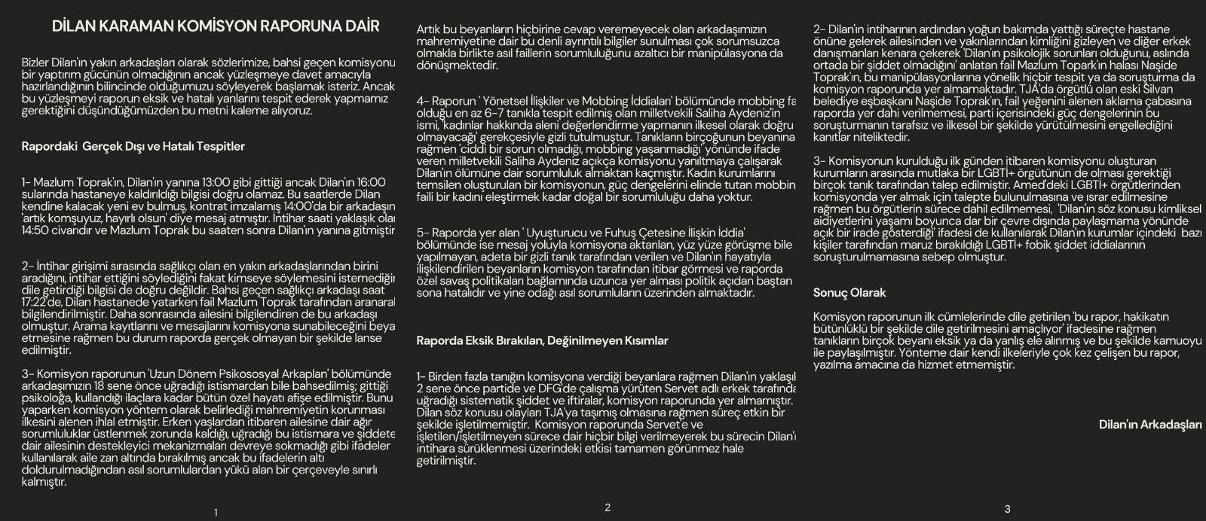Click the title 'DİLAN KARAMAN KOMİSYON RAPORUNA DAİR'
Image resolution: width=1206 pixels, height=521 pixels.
216,26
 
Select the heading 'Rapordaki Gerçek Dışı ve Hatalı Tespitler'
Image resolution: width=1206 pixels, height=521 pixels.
133,146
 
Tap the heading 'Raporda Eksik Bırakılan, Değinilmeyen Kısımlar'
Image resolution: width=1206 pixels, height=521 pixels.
542,340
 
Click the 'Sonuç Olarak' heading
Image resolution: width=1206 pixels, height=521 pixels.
849,293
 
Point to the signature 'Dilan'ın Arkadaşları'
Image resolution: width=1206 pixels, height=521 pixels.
1150,425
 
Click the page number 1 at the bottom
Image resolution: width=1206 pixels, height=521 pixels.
216,513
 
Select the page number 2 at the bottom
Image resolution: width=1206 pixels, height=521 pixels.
608,507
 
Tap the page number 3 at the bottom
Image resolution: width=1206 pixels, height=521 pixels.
1008,509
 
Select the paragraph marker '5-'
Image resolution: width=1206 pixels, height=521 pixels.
424,233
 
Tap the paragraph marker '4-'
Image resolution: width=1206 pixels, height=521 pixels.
424,101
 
